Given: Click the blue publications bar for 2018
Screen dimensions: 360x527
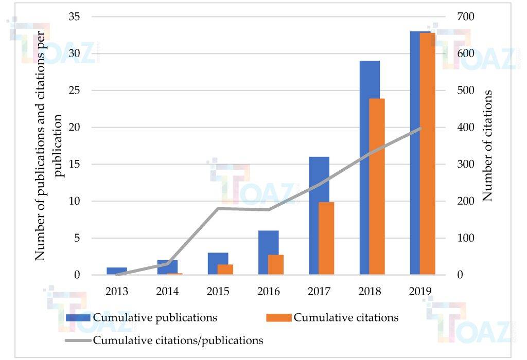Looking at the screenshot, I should (x=370, y=168).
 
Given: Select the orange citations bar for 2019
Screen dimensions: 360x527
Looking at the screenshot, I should (x=427, y=154).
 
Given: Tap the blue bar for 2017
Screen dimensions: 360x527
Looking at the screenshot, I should (x=319, y=215).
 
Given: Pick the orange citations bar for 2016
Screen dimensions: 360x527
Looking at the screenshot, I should (x=276, y=265).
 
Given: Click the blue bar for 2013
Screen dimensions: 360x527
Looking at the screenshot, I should (x=117, y=271).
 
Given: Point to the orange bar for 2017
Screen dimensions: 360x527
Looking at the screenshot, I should (x=326, y=239).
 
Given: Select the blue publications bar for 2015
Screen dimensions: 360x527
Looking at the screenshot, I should (x=218, y=264).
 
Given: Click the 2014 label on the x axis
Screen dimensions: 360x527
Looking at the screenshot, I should (x=167, y=292).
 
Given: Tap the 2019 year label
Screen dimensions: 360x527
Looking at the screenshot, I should (x=420, y=292).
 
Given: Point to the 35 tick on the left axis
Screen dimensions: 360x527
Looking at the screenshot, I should (x=75, y=17).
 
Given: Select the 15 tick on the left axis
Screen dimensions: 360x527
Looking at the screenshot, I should (x=75, y=165).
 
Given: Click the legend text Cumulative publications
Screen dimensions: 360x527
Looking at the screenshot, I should (x=155, y=317).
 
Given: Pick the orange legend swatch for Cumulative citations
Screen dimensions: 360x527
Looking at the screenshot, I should (x=278, y=317).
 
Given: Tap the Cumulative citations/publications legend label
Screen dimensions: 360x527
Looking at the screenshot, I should (x=178, y=340).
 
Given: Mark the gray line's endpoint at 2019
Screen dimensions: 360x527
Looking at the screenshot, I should (x=420, y=128).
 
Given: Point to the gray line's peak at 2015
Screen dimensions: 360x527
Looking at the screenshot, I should (x=218, y=208).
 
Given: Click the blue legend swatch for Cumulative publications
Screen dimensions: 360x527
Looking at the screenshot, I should (x=78, y=317).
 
